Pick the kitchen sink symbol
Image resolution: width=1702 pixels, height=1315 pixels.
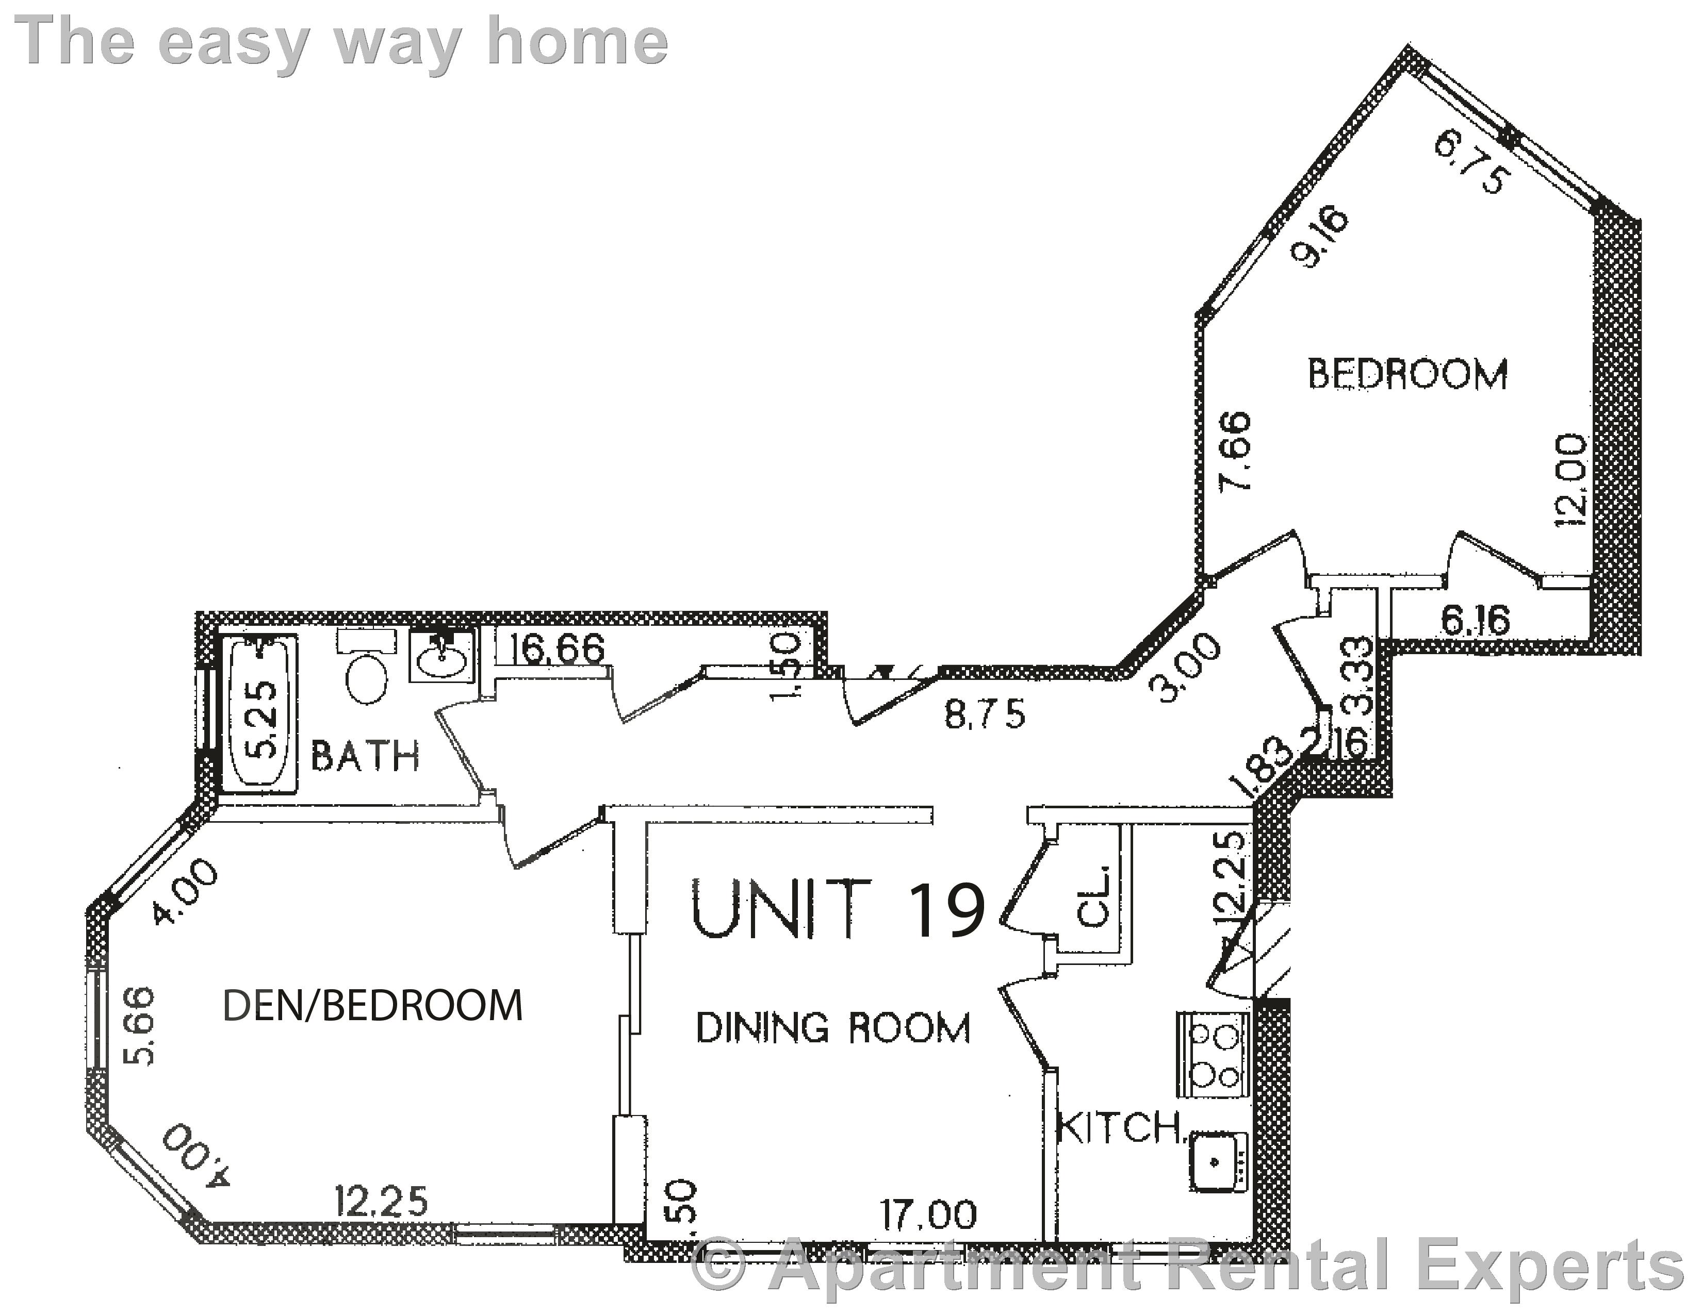coord(1217,1161)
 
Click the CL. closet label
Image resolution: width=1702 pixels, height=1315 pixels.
coord(1093,905)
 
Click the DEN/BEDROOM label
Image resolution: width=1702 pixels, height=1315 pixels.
coord(372,1006)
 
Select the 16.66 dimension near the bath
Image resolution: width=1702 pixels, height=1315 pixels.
coord(557,649)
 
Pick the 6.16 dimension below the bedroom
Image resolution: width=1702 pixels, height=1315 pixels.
coord(1475,621)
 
